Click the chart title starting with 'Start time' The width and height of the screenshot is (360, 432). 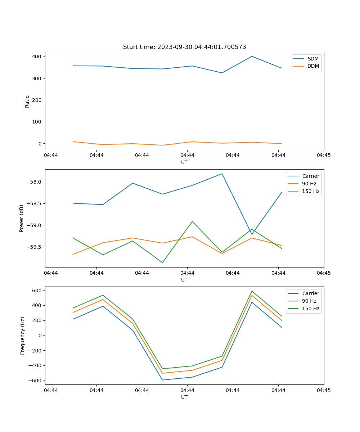pos(184,47)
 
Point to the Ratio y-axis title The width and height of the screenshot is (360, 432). pos(27,101)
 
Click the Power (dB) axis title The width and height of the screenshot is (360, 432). pos(22,218)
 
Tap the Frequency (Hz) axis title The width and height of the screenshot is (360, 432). pos(22,336)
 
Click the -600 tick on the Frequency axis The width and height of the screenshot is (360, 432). pos(35,381)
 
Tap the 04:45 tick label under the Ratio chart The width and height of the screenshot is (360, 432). pos(324,155)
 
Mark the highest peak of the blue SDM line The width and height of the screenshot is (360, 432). pos(252,56)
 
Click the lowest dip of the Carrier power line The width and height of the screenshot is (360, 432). pos(252,234)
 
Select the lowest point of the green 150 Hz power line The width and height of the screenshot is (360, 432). pos(162,262)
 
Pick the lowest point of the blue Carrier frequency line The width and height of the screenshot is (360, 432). pos(162,380)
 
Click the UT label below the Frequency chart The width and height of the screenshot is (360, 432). pos(184,397)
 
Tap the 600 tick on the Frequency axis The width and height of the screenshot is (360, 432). pos(37,290)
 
